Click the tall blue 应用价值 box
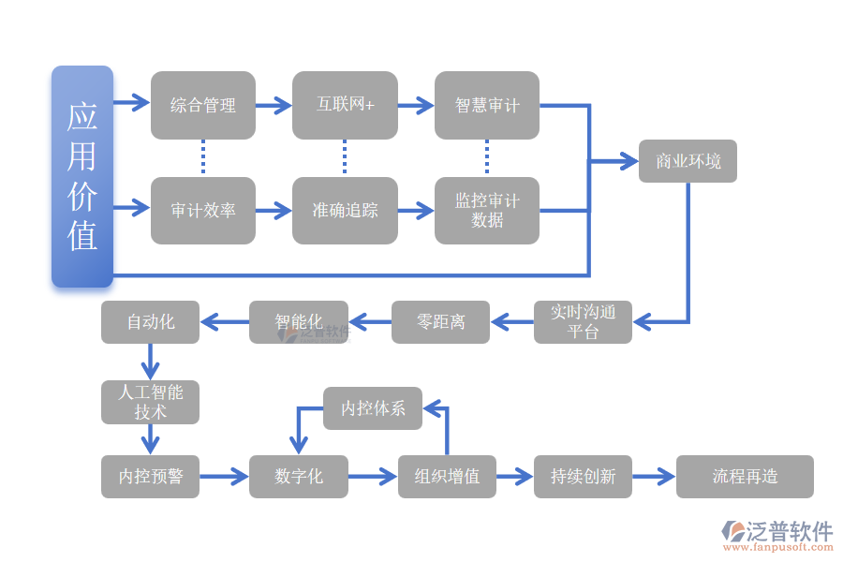[x=82, y=176]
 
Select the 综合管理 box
[x=203, y=105]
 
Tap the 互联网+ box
[x=345, y=105]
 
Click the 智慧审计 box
[x=487, y=105]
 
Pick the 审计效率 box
[x=203, y=211]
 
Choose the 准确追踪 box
[x=345, y=211]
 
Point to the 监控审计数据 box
[x=487, y=211]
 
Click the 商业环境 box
[x=688, y=161]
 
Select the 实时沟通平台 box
[x=583, y=322]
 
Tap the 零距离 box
[x=440, y=322]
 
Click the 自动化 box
[x=150, y=322]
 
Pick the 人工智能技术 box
[x=150, y=402]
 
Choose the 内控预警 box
[x=150, y=477]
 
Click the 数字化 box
[x=299, y=477]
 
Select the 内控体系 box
[x=373, y=408]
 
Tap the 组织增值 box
[x=447, y=477]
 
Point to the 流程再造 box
[x=745, y=477]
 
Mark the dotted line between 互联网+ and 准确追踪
[x=345, y=157]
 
